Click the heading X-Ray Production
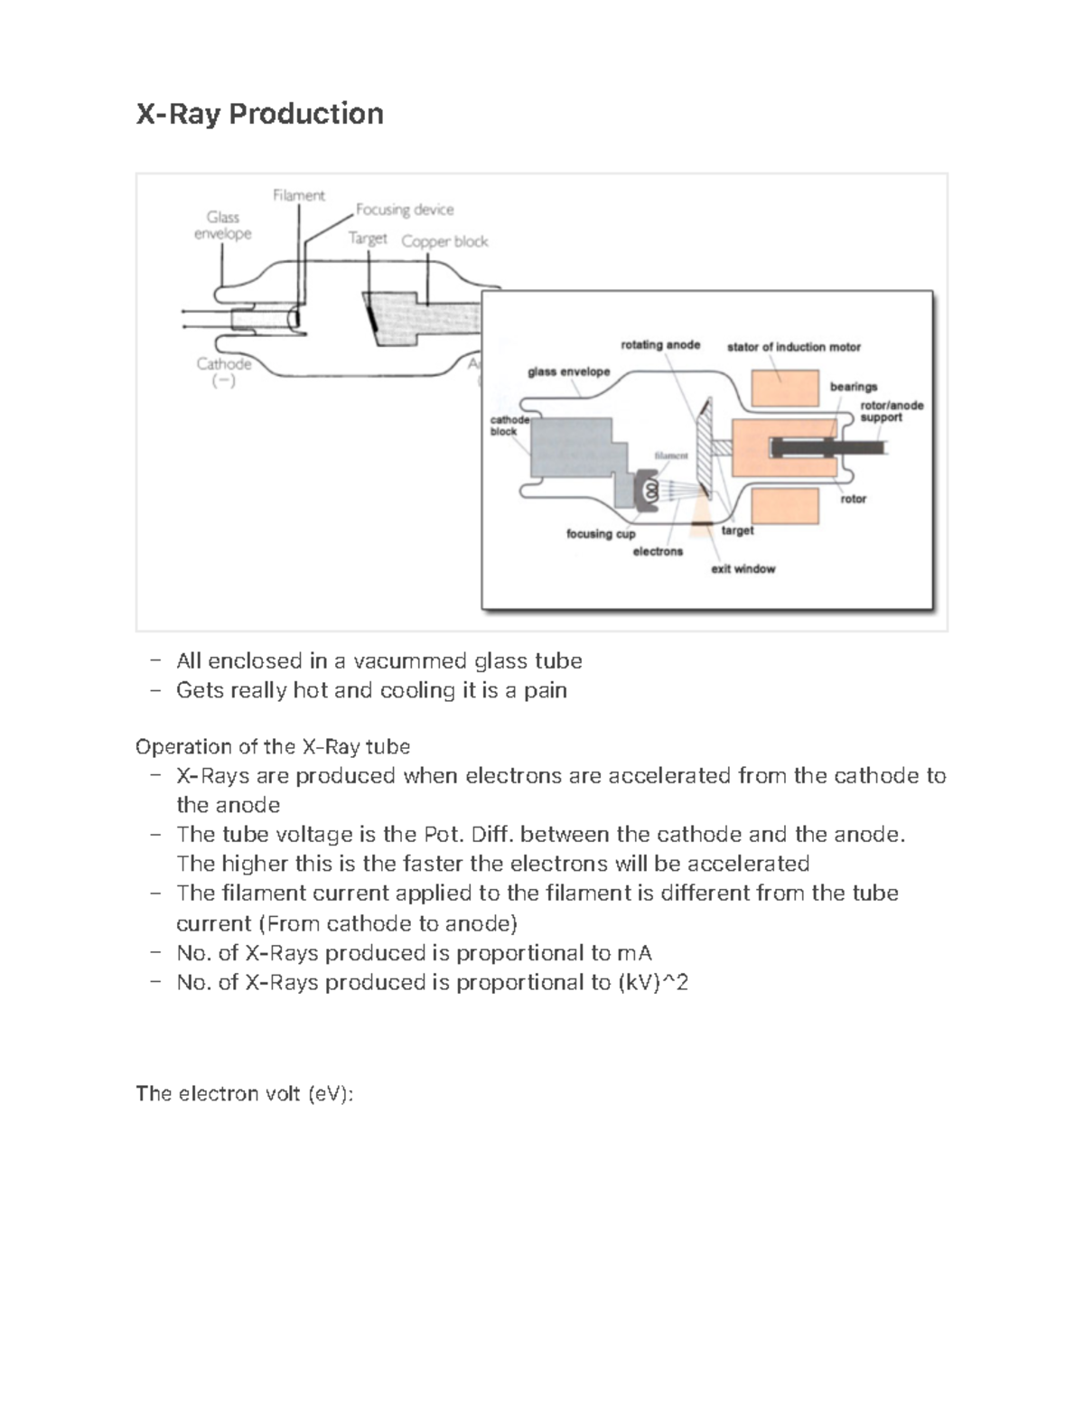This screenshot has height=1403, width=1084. pyautogui.click(x=259, y=114)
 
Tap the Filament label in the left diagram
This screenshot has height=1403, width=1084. pyautogui.click(x=298, y=195)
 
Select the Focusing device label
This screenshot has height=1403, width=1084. pyautogui.click(x=404, y=210)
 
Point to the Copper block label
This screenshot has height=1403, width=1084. pyautogui.click(x=444, y=241)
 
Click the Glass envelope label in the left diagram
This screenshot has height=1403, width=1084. pyautogui.click(x=222, y=225)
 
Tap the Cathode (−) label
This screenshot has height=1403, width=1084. pyautogui.click(x=223, y=371)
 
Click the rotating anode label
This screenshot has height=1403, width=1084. pyautogui.click(x=660, y=344)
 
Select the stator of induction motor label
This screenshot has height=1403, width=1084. pyautogui.click(x=793, y=347)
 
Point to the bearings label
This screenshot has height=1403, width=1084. pyautogui.click(x=854, y=387)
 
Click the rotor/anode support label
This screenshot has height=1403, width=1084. pyautogui.click(x=891, y=411)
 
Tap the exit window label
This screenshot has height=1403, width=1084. pyautogui.click(x=743, y=569)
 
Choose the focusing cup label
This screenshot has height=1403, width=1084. pyautogui.click(x=601, y=534)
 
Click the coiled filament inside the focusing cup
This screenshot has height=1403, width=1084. pyautogui.click(x=648, y=490)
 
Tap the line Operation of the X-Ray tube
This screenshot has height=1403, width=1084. pyautogui.click(x=272, y=746)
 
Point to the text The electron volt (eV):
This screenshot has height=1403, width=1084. pyautogui.click(x=244, y=1094)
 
